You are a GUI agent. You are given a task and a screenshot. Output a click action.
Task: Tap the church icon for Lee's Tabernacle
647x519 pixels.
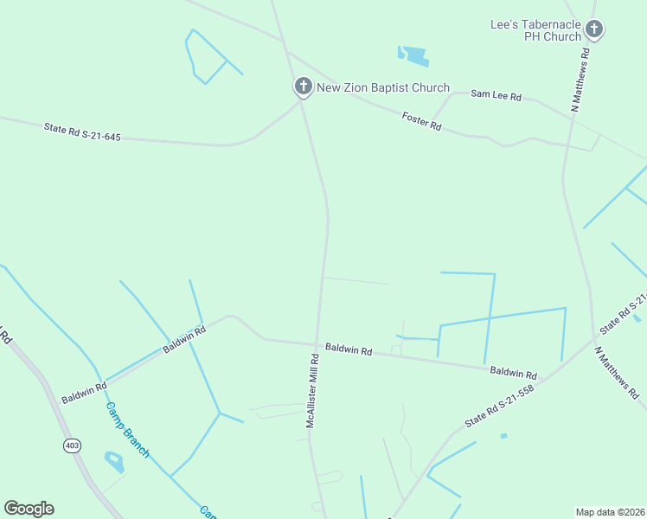(x=593, y=29)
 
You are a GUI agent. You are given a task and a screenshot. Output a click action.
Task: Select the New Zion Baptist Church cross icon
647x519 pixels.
(x=303, y=86)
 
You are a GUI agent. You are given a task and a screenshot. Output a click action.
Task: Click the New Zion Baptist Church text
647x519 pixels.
(x=383, y=87)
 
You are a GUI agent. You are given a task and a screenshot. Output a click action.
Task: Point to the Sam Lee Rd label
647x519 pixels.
(x=496, y=95)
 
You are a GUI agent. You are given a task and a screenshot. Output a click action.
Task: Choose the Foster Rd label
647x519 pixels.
(x=422, y=121)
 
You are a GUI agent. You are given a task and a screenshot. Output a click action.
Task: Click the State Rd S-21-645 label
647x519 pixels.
(x=82, y=132)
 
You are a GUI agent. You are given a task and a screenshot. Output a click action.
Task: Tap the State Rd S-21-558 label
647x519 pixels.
(x=500, y=405)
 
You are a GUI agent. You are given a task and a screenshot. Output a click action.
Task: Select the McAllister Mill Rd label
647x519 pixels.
(x=312, y=388)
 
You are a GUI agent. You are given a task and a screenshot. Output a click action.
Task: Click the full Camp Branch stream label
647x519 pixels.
(x=128, y=430)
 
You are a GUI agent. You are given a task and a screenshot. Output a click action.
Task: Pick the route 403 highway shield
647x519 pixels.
(x=72, y=445)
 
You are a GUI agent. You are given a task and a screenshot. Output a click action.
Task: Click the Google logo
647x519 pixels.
(x=29, y=509)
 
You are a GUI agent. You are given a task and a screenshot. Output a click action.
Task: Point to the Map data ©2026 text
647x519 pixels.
(x=608, y=512)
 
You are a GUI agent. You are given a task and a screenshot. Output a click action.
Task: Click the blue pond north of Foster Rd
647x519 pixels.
(x=413, y=56)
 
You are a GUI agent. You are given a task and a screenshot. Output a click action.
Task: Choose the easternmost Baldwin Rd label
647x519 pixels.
(x=513, y=374)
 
